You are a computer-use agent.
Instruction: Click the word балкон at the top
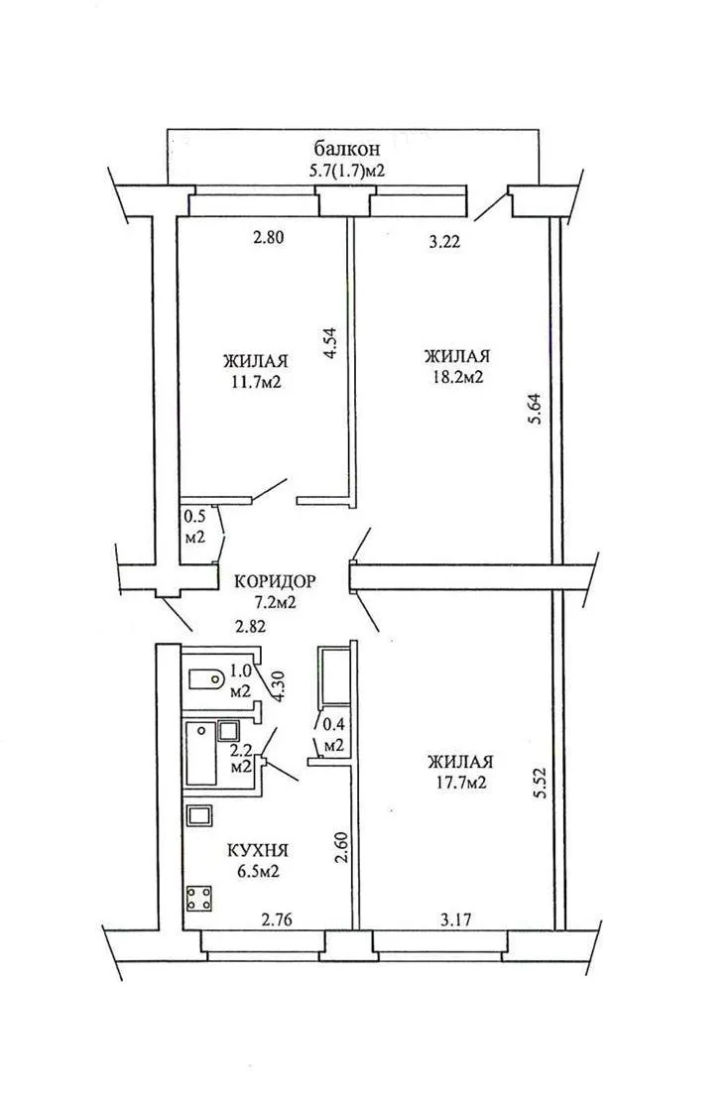pos(347,149)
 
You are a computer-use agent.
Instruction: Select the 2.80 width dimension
pos(268,238)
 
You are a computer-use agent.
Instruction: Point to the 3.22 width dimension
pos(444,243)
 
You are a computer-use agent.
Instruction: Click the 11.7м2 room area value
pos(256,382)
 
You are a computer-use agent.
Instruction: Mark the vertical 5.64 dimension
pos(536,408)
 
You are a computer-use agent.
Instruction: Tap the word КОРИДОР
pos(275,581)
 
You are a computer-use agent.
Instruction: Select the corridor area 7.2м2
pos(276,603)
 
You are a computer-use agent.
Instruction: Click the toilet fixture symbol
pos(206,678)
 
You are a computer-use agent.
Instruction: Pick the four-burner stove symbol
pos(199,899)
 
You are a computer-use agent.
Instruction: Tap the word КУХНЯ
pos(258,850)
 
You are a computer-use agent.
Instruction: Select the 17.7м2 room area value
pos(461,783)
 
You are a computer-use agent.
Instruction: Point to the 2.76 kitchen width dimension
pos(278,918)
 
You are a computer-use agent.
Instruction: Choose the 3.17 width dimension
pos(454,918)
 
